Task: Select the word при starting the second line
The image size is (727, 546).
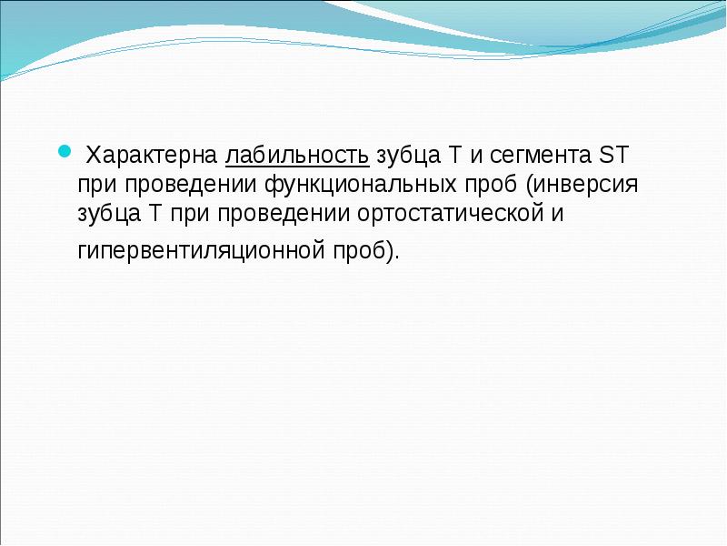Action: point(96,184)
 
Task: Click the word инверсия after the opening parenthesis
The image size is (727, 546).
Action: point(594,184)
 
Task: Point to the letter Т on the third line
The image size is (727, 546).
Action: point(154,215)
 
